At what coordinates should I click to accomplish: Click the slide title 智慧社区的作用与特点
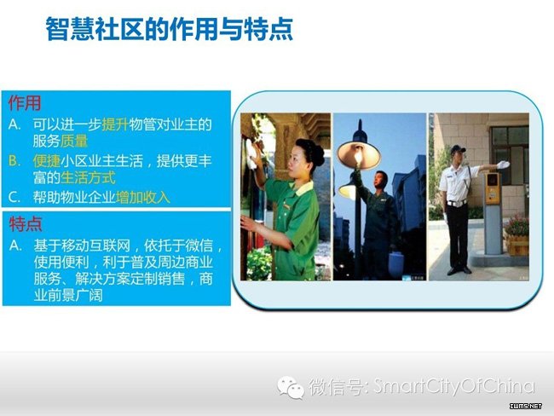click(x=170, y=29)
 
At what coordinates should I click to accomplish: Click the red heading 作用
click(x=25, y=103)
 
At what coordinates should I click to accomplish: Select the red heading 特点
click(x=26, y=223)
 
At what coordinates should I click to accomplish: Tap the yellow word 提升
click(x=115, y=124)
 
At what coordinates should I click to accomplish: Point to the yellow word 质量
click(x=74, y=141)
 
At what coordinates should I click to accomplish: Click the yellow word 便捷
click(x=47, y=161)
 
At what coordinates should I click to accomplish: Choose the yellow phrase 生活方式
click(x=88, y=177)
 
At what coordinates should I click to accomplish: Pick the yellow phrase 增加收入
click(x=142, y=197)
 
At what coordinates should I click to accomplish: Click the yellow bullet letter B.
click(x=14, y=161)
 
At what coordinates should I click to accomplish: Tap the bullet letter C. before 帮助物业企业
click(x=14, y=198)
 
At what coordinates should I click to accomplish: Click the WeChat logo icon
click(x=291, y=387)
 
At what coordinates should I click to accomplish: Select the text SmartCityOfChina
click(x=453, y=386)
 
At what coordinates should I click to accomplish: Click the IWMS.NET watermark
click(x=526, y=406)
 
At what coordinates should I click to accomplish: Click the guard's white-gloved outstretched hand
click(x=503, y=165)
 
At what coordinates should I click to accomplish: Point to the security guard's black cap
click(x=458, y=149)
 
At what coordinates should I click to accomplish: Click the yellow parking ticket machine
click(x=493, y=188)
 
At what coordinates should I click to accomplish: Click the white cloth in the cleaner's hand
click(x=251, y=153)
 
